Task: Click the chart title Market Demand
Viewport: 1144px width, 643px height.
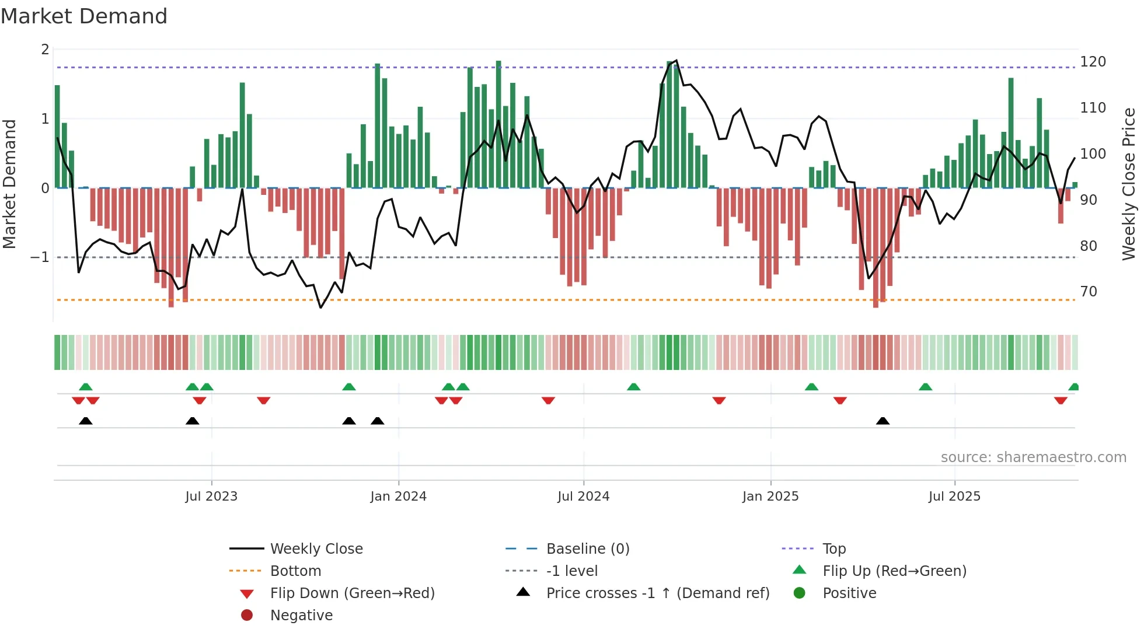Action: click(84, 16)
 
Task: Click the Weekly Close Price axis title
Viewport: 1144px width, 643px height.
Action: click(1129, 184)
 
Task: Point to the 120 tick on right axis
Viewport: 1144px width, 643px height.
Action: click(1093, 62)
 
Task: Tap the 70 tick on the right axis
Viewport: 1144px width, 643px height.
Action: click(1089, 292)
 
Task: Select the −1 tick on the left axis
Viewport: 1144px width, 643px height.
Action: click(40, 257)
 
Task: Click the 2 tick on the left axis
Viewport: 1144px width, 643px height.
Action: click(45, 50)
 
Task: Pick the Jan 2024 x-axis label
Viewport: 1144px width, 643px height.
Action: click(398, 497)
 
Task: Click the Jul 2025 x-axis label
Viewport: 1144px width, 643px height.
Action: click(954, 497)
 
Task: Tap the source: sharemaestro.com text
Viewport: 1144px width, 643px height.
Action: click(1033, 457)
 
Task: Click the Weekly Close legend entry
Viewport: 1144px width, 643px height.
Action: click(316, 549)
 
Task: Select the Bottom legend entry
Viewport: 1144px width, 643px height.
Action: click(295, 571)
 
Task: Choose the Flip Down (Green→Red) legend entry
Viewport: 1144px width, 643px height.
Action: click(352, 593)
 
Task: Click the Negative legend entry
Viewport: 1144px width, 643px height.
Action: click(301, 616)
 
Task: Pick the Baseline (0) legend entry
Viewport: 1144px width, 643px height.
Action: click(587, 549)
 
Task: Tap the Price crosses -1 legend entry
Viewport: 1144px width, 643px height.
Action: click(657, 593)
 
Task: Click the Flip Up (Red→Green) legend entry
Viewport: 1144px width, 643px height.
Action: click(894, 571)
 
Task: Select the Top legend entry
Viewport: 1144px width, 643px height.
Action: click(834, 549)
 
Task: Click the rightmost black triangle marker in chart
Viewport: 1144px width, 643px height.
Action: click(883, 421)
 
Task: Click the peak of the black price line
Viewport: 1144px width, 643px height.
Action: click(676, 60)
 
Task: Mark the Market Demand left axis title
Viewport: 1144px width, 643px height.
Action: click(10, 184)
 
